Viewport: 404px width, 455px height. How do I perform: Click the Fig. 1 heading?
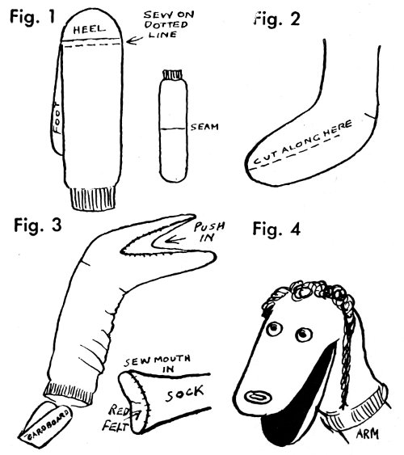32,16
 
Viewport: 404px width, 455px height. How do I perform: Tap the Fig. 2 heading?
276,19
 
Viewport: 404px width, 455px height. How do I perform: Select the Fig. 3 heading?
38,225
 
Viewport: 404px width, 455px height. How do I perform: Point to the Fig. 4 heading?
276,229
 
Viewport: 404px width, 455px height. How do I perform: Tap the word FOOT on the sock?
57,117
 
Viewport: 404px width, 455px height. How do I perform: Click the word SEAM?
204,127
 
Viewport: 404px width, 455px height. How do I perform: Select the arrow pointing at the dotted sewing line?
135,41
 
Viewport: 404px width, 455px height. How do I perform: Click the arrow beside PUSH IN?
175,240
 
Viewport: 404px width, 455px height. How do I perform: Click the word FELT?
115,427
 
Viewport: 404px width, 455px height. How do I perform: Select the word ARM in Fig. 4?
368,434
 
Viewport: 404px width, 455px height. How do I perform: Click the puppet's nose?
258,396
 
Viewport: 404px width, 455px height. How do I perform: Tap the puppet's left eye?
274,328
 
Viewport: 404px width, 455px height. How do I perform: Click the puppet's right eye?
304,335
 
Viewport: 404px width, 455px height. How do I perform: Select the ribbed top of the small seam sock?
173,74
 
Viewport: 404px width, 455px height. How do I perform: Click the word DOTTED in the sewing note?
166,24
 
